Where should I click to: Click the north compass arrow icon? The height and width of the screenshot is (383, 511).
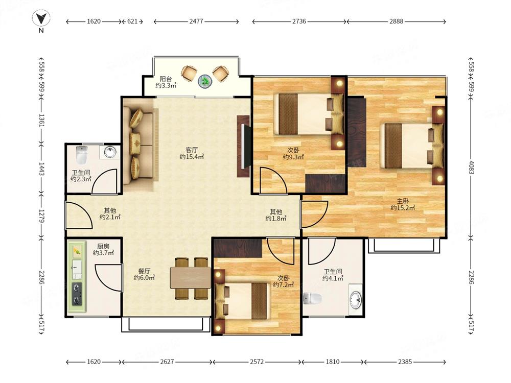coord(41,18)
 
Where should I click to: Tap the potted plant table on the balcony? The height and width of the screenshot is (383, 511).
coord(205,81)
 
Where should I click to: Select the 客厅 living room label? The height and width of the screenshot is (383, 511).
coord(192,150)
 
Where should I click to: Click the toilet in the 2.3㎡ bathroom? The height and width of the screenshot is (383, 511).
coord(81,155)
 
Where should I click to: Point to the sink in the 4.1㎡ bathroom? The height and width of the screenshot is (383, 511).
coord(356,299)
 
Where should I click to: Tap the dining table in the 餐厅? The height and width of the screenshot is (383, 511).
coord(191,278)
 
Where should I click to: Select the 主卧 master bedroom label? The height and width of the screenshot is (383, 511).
coord(403,201)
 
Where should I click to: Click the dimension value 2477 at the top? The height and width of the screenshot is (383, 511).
coord(196,21)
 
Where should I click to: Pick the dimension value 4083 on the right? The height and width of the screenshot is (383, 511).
coord(471,167)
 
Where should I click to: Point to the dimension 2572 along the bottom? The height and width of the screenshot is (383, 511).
coord(257,362)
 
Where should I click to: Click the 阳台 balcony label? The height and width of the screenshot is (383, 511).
coord(166,79)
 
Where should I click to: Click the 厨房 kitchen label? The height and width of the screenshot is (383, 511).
coord(103,246)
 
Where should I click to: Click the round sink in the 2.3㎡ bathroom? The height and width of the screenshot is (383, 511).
coord(110,152)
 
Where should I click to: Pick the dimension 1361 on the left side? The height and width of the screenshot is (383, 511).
coord(41,121)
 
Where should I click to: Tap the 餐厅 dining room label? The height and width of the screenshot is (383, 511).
coord(144,271)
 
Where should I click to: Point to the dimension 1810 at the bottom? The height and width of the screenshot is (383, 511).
coord(333,362)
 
